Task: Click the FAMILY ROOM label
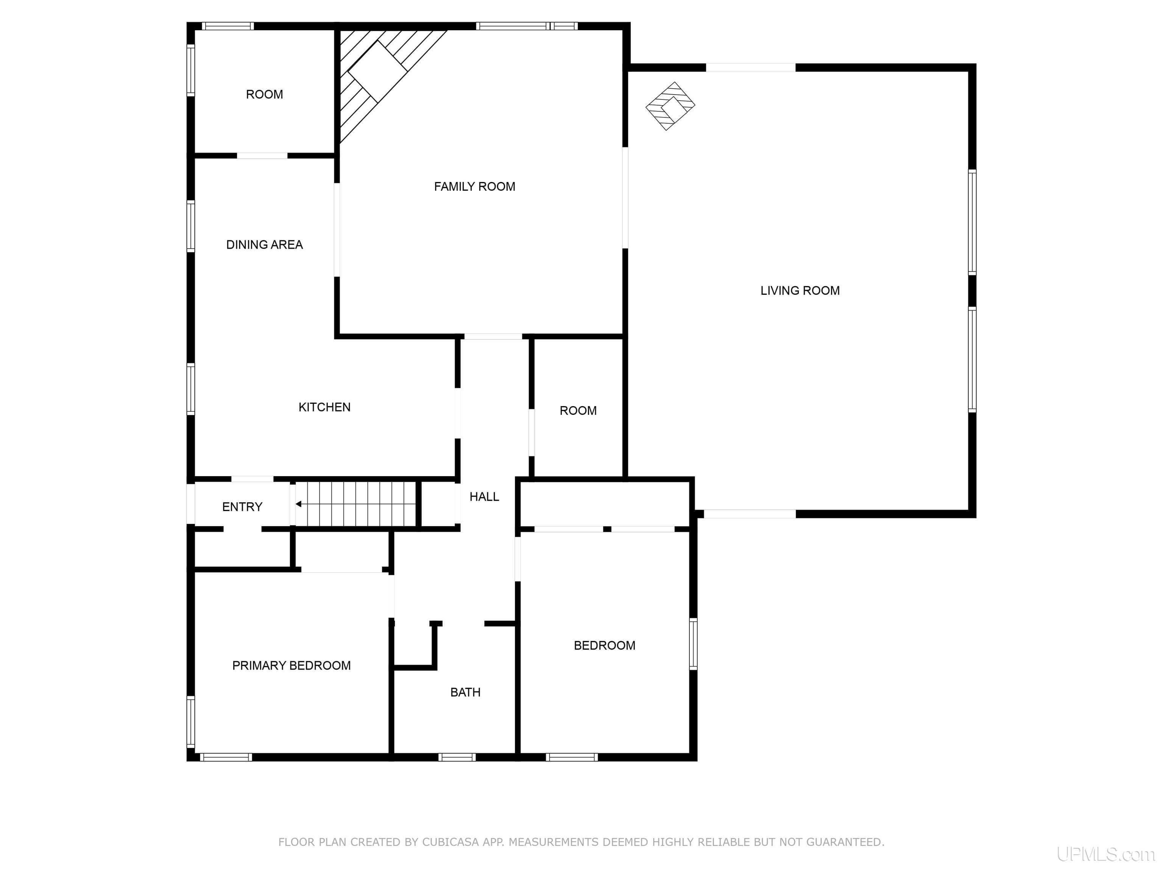474,187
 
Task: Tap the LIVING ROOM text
800,291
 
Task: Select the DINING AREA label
265,244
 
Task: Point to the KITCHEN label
324,407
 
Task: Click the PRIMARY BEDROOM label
291,665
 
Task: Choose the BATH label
465,692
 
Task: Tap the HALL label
484,497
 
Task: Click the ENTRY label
242,507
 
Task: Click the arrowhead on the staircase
298,504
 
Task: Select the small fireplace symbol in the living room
670,106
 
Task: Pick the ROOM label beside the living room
578,411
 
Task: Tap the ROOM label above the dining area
265,95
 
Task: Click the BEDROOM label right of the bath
605,645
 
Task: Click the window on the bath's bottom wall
457,757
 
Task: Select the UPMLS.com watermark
1106,854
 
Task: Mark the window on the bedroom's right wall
693,644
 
